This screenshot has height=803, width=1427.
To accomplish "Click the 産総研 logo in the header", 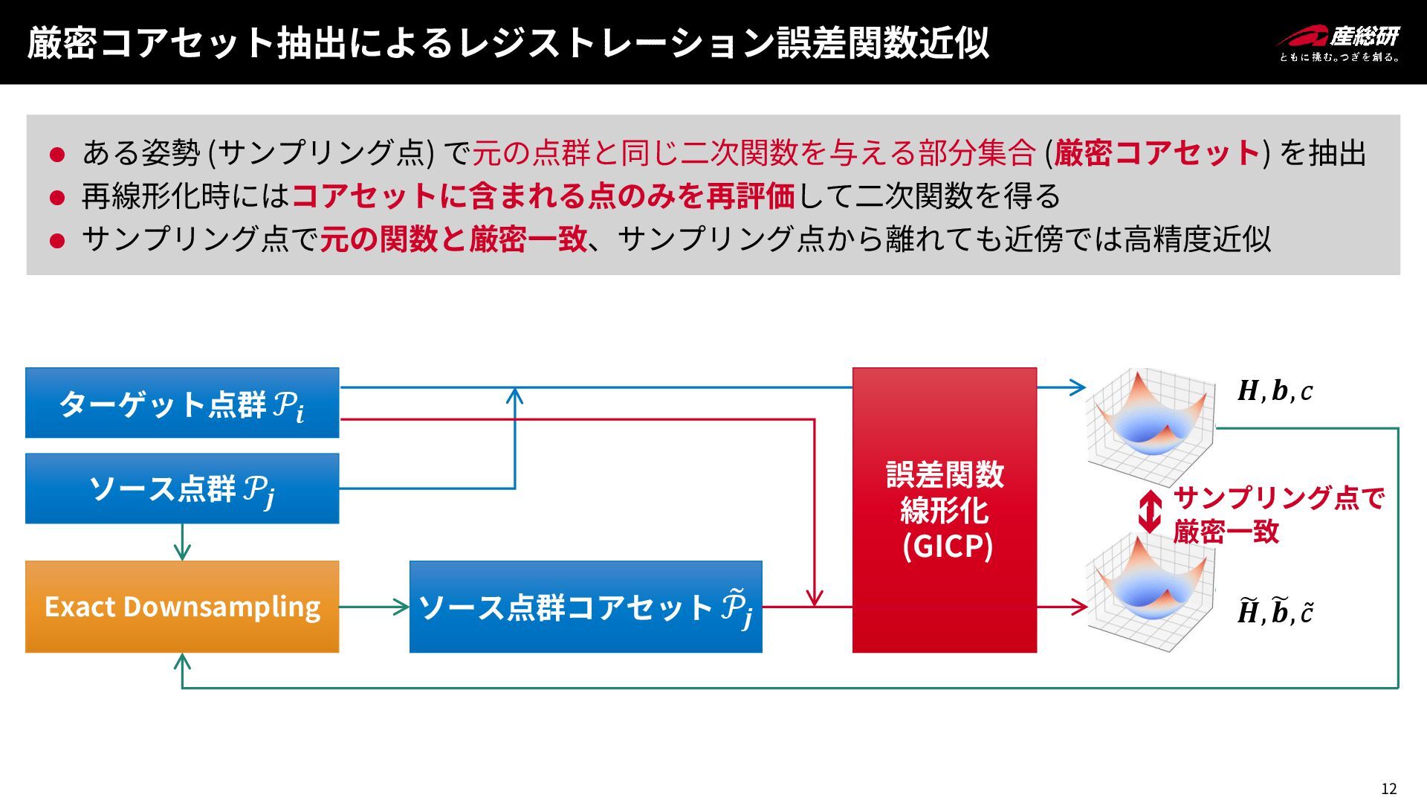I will [1338, 42].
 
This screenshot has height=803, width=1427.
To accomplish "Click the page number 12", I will [1388, 789].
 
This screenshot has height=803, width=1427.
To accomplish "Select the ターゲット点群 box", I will [182, 403].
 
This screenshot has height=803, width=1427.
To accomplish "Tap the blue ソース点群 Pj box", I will [182, 488].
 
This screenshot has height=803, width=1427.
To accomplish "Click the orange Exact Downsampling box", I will [182, 607].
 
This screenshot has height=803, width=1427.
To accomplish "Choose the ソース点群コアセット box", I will [586, 607].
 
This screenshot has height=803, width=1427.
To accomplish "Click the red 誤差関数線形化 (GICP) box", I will [944, 510].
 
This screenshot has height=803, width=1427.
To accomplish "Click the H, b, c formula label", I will [1275, 391].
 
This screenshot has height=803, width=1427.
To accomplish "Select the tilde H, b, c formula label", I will [1275, 611].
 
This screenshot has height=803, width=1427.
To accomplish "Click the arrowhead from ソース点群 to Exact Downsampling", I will [182, 552].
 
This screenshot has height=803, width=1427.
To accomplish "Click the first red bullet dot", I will [57, 155].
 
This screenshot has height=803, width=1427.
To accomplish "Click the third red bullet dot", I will [57, 241].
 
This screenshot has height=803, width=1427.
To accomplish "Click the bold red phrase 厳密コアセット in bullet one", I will [1156, 153].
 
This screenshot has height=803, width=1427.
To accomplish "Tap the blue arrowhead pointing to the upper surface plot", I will [1078, 387].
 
